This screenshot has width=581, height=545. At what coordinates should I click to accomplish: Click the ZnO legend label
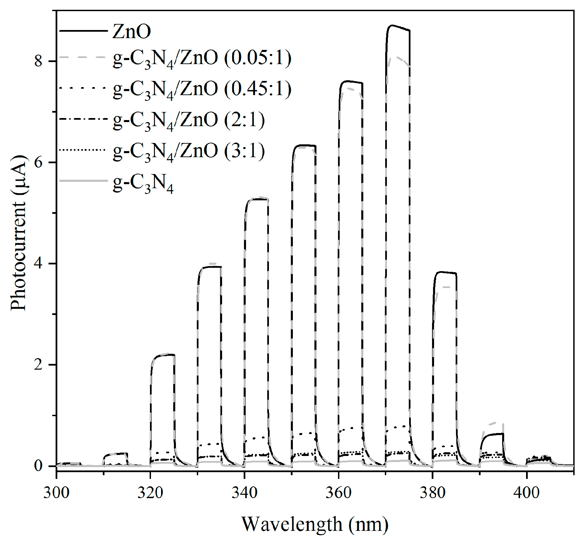pyautogui.click(x=131, y=32)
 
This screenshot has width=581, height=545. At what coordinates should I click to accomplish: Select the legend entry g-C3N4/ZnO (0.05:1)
pyautogui.click(x=202, y=59)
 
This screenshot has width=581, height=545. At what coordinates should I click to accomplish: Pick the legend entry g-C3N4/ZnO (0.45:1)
pyautogui.click(x=202, y=89)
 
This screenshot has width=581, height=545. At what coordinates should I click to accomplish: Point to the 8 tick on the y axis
pyautogui.click(x=38, y=61)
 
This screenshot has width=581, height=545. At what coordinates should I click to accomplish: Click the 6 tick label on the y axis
pyautogui.click(x=38, y=162)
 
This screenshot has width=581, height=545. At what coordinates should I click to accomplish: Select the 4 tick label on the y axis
pyautogui.click(x=38, y=263)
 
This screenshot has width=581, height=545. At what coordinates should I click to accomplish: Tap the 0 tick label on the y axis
pyautogui.click(x=38, y=466)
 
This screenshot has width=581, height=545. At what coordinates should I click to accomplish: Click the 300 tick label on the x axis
pyautogui.click(x=56, y=493)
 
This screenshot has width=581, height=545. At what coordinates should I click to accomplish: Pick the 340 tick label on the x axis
pyautogui.click(x=244, y=493)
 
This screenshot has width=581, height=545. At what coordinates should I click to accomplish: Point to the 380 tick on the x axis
pyautogui.click(x=432, y=493)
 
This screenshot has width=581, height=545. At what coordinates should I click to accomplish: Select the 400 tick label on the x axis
pyautogui.click(x=526, y=493)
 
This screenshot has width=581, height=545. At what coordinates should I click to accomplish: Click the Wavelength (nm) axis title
pyautogui.click(x=315, y=524)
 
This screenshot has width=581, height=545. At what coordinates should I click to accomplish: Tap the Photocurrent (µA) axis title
pyautogui.click(x=19, y=233)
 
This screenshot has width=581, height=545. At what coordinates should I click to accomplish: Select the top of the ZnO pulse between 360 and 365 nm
pyautogui.click(x=351, y=82)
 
